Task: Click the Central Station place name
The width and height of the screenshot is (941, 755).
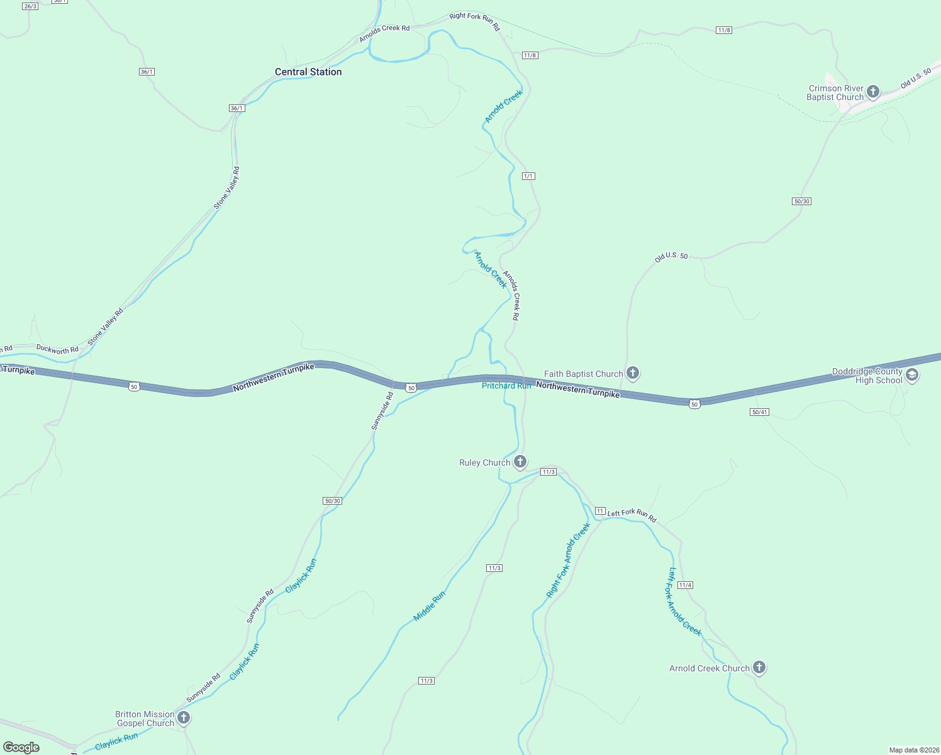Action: tap(308, 72)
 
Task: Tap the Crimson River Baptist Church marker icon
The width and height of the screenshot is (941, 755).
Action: tap(873, 92)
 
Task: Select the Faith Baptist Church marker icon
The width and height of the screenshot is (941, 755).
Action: tap(633, 373)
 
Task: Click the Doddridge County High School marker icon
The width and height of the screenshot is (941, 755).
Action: tap(912, 376)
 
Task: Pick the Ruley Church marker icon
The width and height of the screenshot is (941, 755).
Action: tap(520, 462)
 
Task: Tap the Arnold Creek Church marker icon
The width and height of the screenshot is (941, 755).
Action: tap(759, 668)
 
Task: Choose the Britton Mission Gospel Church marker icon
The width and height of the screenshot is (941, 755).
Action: tap(183, 718)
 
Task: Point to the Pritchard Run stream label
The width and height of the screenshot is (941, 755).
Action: tap(506, 386)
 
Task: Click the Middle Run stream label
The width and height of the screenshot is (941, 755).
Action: tap(430, 606)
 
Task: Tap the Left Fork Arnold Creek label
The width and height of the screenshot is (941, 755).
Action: tap(684, 602)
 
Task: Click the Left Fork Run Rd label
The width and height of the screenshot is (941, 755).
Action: tap(632, 515)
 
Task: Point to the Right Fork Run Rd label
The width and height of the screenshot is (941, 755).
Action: tap(474, 21)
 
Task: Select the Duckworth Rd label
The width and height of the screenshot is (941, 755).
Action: tap(57, 349)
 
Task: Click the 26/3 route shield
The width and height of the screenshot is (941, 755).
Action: tap(30, 6)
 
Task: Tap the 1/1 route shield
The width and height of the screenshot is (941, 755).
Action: tap(528, 176)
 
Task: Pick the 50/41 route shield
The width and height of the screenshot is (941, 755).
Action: tap(759, 412)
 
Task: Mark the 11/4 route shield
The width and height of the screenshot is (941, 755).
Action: tap(685, 585)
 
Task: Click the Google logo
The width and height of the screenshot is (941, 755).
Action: tap(21, 747)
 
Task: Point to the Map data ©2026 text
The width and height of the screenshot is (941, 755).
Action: tap(913, 750)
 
